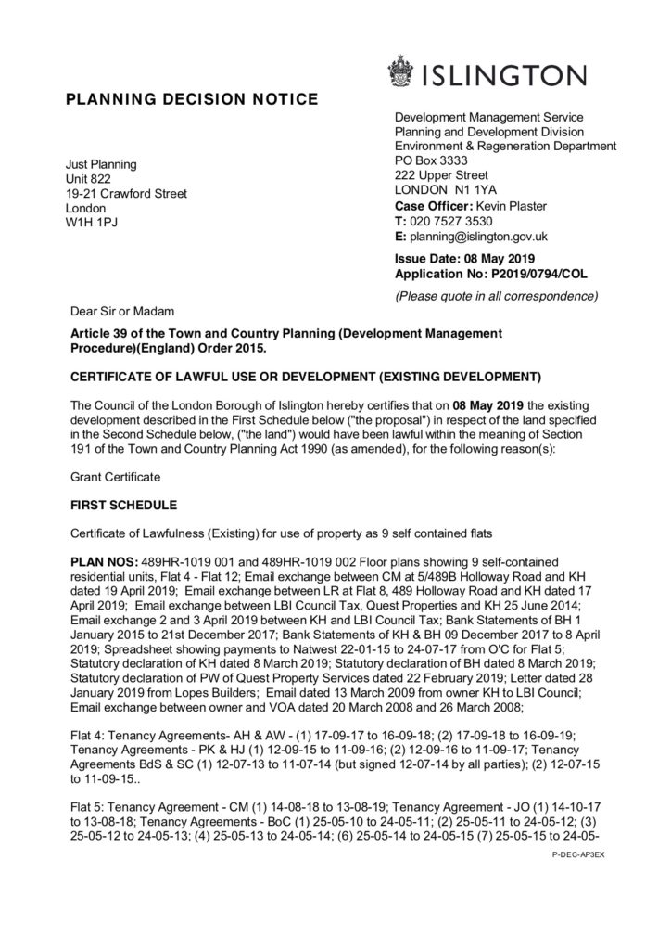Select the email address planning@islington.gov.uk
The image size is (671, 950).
click(x=479, y=237)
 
